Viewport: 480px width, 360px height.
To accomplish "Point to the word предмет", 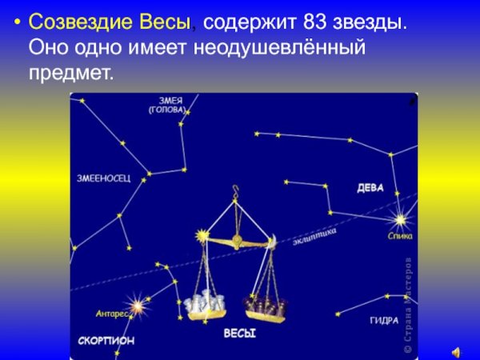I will coord(70,74).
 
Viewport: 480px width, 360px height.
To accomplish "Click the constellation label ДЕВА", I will coord(370,188).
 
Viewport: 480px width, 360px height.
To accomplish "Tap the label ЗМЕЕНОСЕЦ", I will coord(103,178).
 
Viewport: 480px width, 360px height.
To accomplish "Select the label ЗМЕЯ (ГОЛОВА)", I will coord(166,105).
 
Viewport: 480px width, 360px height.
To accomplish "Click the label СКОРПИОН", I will coord(106,340).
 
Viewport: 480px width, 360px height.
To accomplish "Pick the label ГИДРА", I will coord(385,320).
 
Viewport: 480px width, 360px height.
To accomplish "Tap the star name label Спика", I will coord(400,237).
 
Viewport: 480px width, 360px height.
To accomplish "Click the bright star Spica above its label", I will coord(400,218).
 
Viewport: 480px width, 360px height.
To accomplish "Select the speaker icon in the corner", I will coord(455,350).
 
